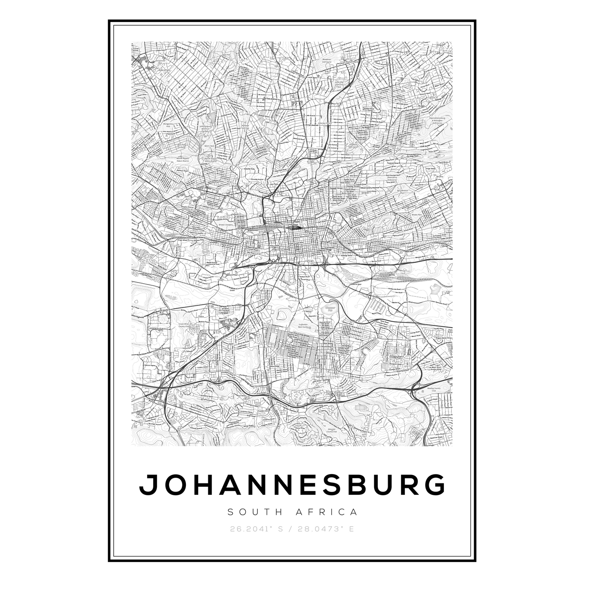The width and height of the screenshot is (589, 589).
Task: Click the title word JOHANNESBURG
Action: [x=293, y=484]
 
